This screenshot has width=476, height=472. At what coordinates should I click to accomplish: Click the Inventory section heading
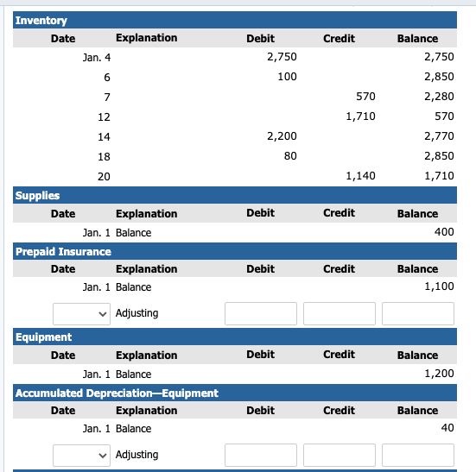(41, 20)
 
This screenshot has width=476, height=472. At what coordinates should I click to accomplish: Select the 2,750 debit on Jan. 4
(282, 57)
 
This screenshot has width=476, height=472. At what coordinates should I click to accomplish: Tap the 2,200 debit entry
(282, 136)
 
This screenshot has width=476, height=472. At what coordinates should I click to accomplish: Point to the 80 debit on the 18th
(289, 156)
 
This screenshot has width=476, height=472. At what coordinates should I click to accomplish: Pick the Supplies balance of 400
(444, 233)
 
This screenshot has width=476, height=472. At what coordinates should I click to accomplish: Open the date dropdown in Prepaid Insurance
(81, 313)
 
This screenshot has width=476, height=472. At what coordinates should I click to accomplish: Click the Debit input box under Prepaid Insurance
(261, 313)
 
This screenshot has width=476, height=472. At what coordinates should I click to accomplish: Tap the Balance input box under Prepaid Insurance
(418, 313)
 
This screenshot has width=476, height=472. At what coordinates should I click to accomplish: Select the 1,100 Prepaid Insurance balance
(439, 287)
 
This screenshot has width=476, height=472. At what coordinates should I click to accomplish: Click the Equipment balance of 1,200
(439, 374)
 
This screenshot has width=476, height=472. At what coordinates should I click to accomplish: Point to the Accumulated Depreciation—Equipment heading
(117, 393)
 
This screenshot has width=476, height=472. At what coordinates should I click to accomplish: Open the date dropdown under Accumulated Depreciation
(81, 455)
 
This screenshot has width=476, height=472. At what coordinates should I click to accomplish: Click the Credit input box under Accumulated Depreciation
(340, 455)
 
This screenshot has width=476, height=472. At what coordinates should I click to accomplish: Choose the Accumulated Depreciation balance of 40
(447, 429)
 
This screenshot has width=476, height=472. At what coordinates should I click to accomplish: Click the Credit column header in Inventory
(339, 39)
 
